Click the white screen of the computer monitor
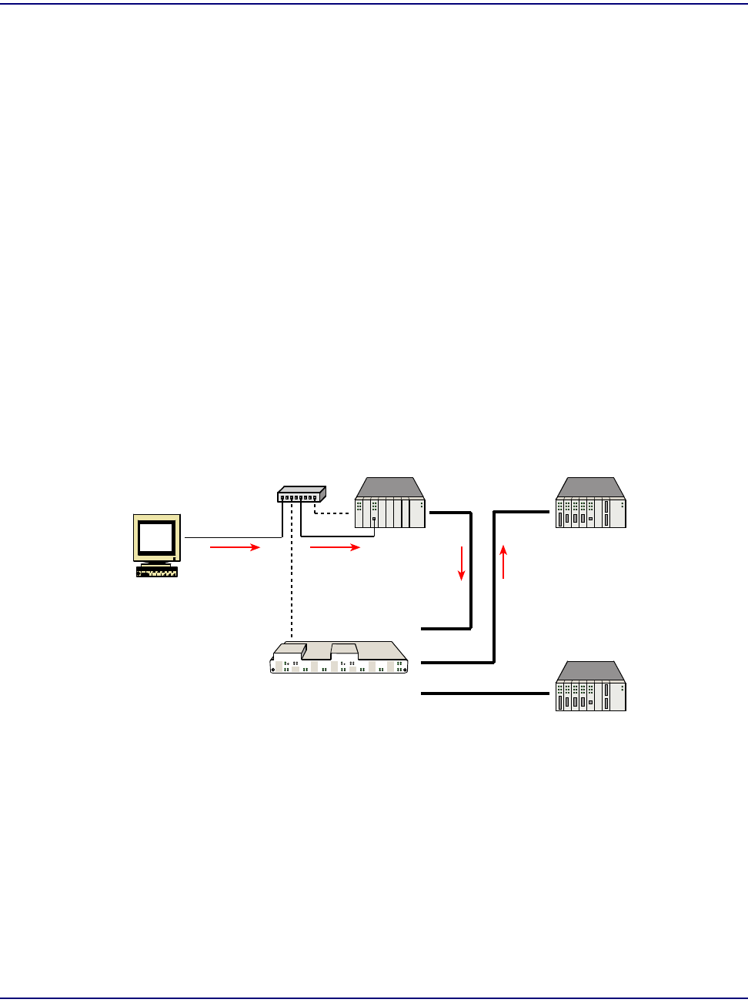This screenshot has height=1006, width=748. [156, 536]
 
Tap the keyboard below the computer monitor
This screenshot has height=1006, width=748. [157, 572]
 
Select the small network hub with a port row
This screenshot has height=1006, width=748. [302, 494]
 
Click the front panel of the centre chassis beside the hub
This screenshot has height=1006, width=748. [390, 513]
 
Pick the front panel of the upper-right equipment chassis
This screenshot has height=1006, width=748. [591, 513]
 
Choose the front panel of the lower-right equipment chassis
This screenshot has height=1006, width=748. [591, 697]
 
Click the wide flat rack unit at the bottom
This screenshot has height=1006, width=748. [339, 659]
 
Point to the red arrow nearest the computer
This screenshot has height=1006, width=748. [235, 547]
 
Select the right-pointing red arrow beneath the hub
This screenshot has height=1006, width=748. [335, 547]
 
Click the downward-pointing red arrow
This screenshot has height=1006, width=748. [462, 563]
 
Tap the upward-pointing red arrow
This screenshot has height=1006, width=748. [503, 561]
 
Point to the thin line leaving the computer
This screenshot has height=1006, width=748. [231, 537]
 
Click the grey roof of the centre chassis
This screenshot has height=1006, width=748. [390, 488]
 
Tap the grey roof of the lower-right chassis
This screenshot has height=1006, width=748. [591, 671]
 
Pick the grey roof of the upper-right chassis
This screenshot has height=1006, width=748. [591, 488]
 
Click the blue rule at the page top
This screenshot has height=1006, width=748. [374, 4]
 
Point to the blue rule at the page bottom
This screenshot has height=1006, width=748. [374, 999]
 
